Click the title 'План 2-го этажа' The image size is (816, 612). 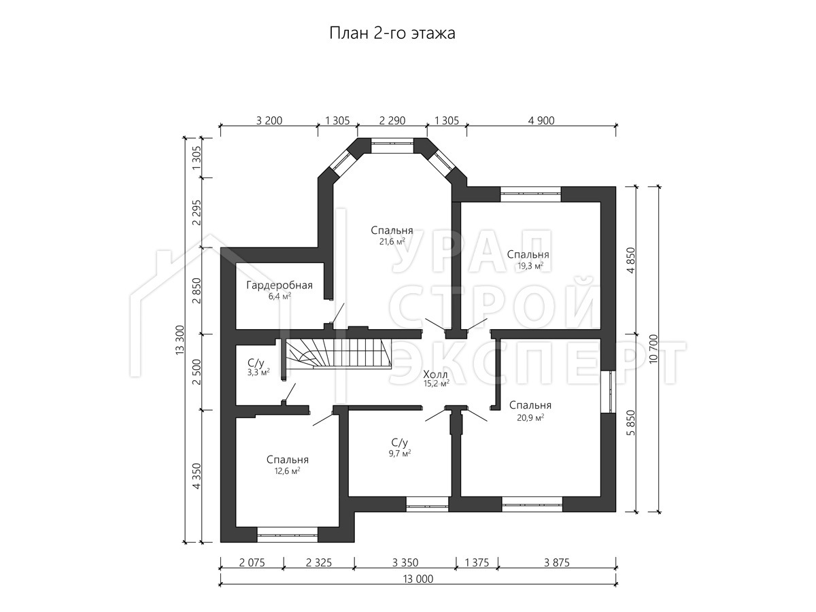point(392,33)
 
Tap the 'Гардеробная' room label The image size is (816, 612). point(279,286)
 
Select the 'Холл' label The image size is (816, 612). point(435,374)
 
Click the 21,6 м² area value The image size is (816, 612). point(392,242)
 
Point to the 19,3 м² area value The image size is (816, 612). point(530,266)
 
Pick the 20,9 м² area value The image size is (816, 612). point(530,418)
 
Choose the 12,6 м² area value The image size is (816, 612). point(287,471)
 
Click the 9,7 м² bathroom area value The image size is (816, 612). point(400,454)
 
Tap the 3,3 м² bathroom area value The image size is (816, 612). point(258,371)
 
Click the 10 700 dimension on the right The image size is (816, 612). point(654,349)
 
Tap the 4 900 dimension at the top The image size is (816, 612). point(541,121)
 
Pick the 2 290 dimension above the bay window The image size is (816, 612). point(392,121)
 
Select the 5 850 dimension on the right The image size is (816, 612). point(632,422)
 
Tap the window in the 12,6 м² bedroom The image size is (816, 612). point(287,534)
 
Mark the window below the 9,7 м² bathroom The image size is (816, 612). point(427,505)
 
